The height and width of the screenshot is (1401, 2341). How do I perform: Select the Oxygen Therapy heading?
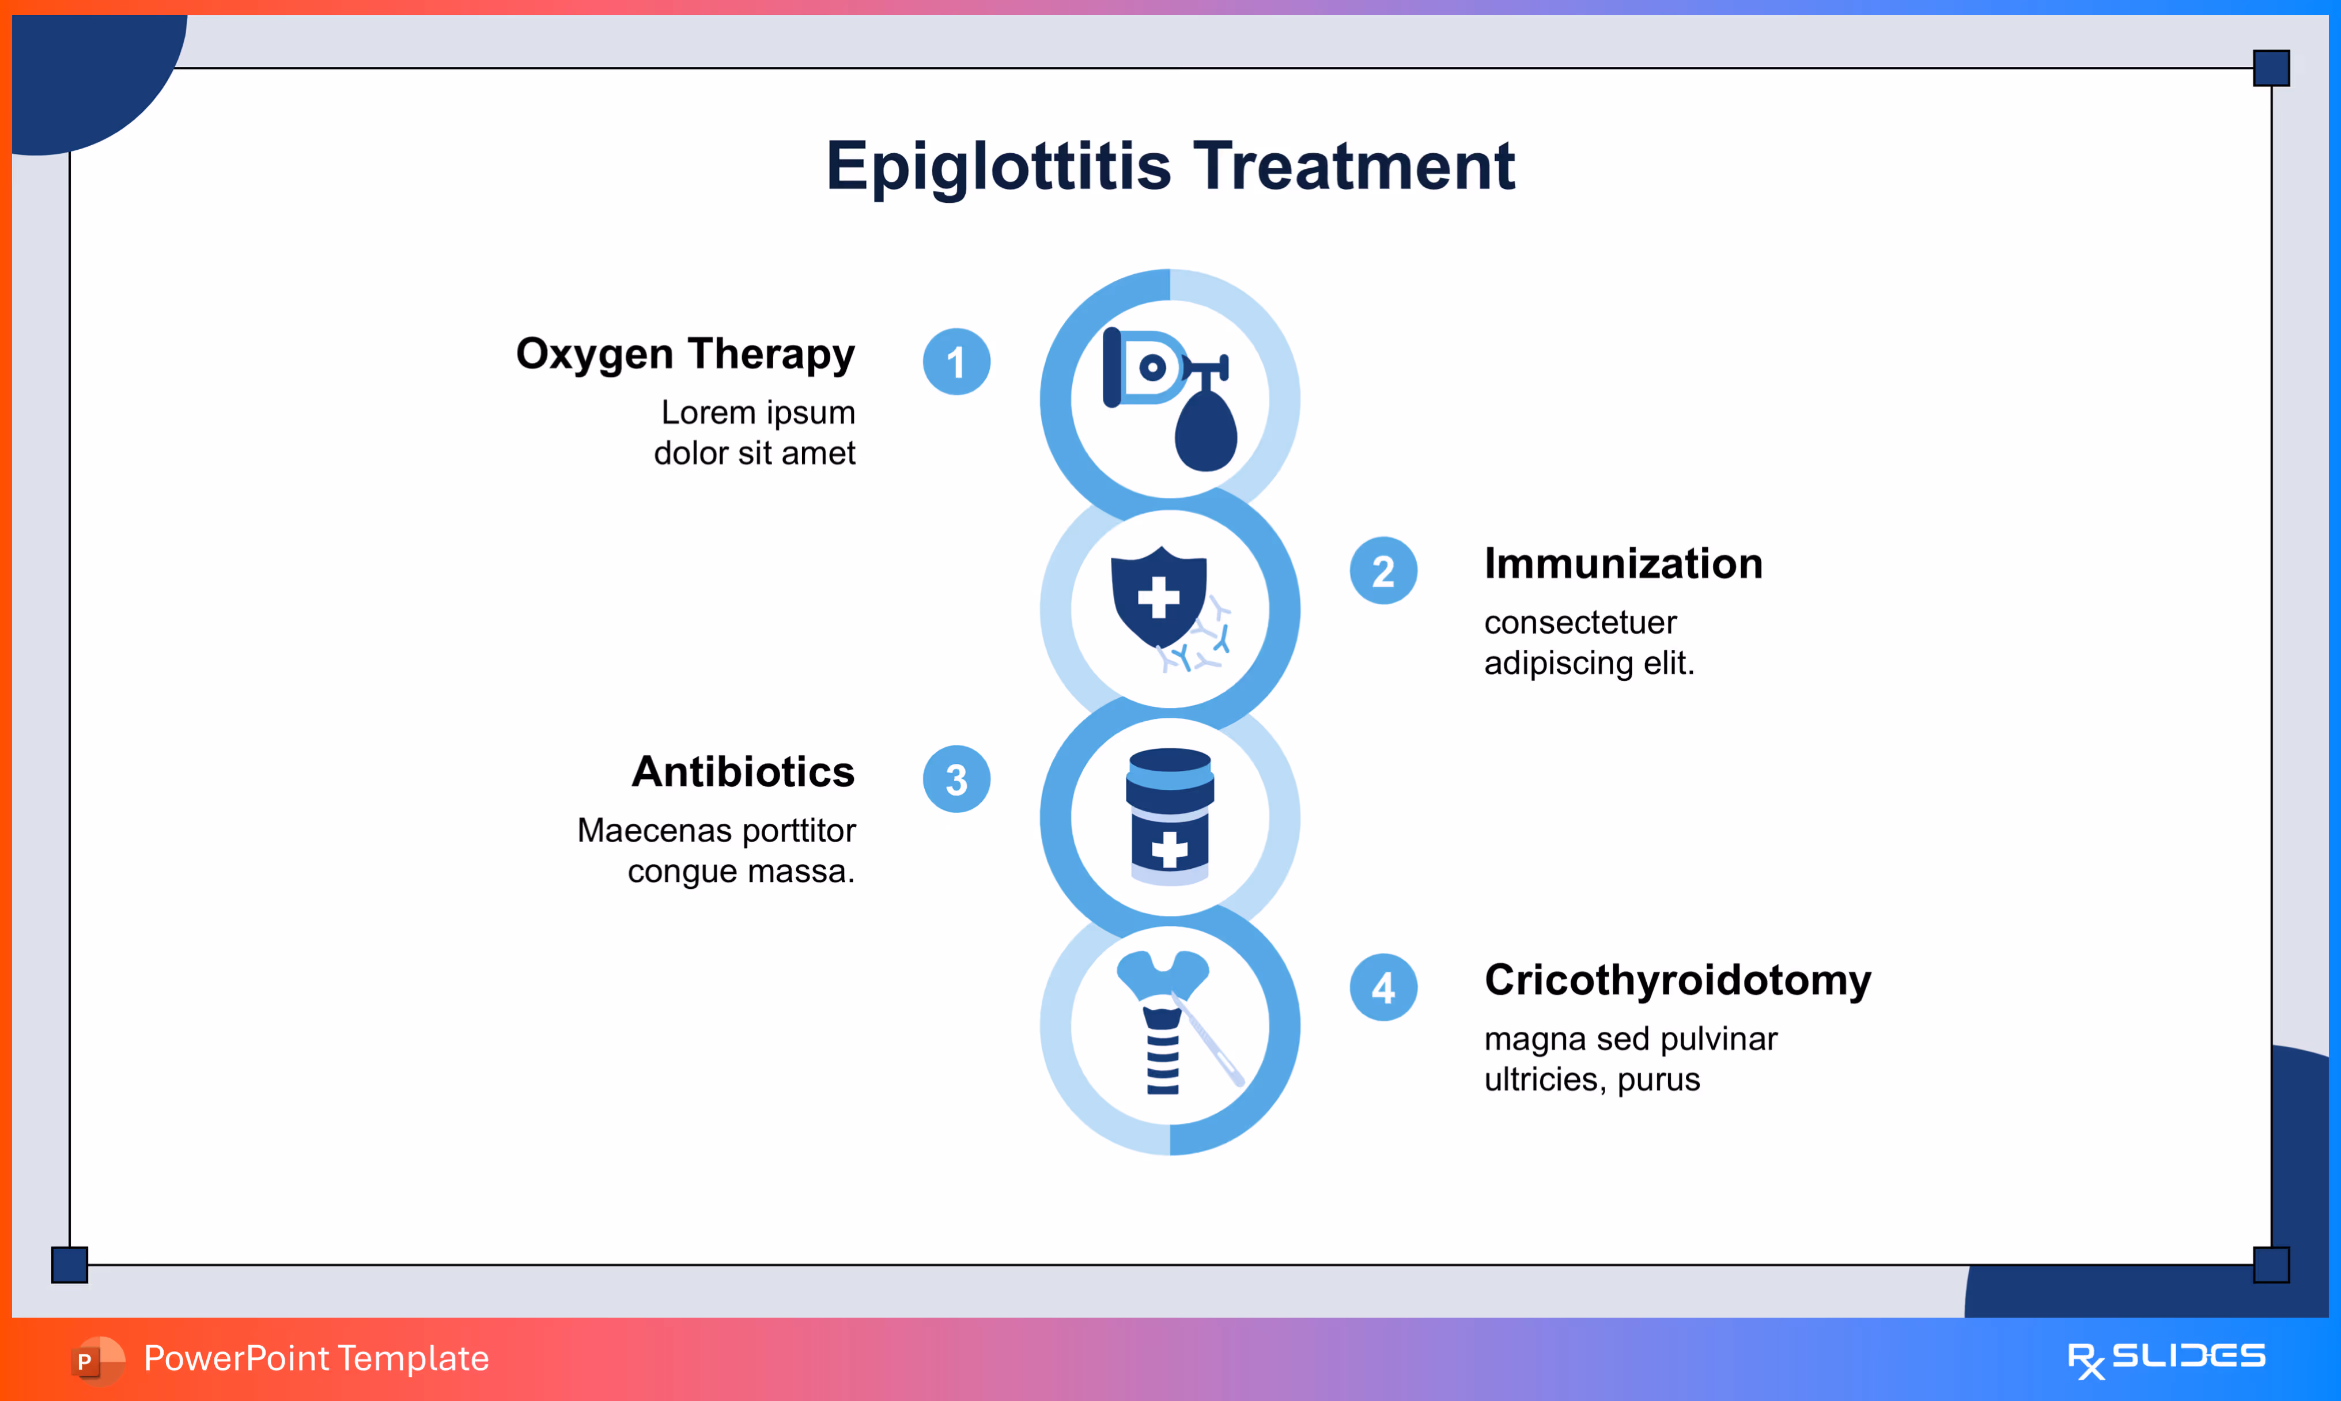(x=685, y=354)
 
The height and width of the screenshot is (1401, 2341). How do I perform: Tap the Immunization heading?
(x=1623, y=563)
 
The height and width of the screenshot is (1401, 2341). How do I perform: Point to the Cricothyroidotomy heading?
(x=1677, y=980)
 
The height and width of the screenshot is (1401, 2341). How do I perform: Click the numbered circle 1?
(x=956, y=362)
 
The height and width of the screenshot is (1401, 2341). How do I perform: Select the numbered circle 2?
(x=1383, y=571)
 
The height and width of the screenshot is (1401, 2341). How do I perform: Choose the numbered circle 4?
(x=1383, y=987)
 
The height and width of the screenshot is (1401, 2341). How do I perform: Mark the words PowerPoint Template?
(x=316, y=1358)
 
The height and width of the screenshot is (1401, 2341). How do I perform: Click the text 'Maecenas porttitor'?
(x=716, y=831)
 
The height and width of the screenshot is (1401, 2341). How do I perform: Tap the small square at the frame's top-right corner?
(x=2271, y=68)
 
